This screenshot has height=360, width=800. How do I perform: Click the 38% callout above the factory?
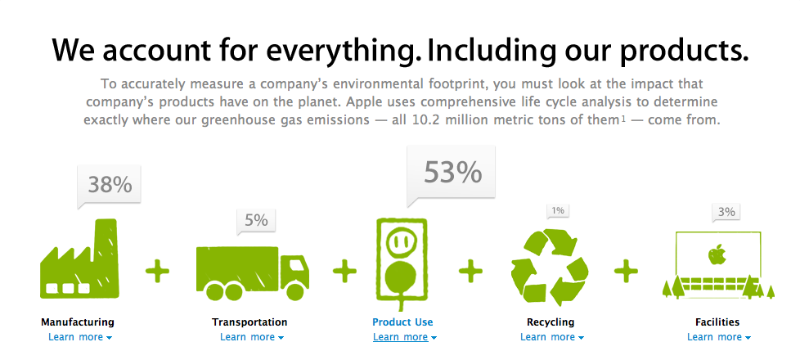(109, 185)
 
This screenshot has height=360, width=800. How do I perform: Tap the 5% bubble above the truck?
(255, 221)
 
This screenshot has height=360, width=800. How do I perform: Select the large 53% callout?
(451, 173)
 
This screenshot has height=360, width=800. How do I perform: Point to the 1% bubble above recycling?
(558, 210)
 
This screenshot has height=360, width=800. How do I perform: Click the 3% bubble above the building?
(726, 212)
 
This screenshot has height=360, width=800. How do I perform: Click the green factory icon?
(79, 259)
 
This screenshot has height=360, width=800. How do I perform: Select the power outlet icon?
(401, 263)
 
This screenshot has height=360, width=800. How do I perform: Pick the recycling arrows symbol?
(550, 267)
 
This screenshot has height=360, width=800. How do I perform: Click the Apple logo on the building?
(717, 254)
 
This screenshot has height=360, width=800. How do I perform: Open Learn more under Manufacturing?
(80, 337)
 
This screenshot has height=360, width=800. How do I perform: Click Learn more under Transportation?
(252, 337)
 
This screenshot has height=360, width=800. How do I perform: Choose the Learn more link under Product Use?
(405, 337)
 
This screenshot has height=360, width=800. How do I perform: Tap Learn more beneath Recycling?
(552, 337)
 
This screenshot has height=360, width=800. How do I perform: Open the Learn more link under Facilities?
(719, 337)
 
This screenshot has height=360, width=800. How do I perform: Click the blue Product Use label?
(402, 322)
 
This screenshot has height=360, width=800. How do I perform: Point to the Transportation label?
(249, 322)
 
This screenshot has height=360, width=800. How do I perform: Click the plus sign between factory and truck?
(157, 271)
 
